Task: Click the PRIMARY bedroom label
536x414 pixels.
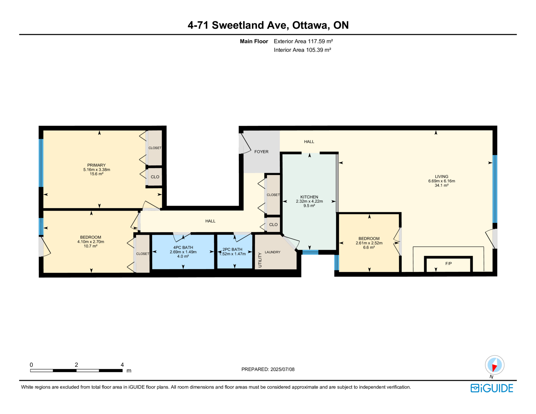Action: click(96, 165)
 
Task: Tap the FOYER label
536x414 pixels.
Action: click(261, 152)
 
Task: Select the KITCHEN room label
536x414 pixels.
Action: click(309, 197)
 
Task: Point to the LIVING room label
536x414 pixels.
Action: click(441, 177)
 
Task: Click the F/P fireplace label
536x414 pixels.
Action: click(449, 264)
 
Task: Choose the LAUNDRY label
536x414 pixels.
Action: click(272, 252)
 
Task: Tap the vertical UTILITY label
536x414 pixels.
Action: click(260, 260)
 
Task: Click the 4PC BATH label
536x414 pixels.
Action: click(183, 248)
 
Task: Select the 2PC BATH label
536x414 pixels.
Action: click(232, 250)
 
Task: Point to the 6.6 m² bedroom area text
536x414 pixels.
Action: click(369, 247)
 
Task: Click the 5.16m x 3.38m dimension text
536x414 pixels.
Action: click(96, 169)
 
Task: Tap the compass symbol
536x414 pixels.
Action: click(494, 365)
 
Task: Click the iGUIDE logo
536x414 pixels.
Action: click(491, 388)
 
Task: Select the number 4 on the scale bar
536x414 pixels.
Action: click(122, 365)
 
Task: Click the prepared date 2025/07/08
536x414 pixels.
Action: click(282, 369)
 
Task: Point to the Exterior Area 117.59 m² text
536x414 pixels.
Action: click(303, 42)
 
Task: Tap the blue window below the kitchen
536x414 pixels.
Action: click(310, 252)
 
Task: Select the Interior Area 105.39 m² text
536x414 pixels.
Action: click(302, 50)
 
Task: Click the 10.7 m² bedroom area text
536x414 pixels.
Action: click(90, 246)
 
